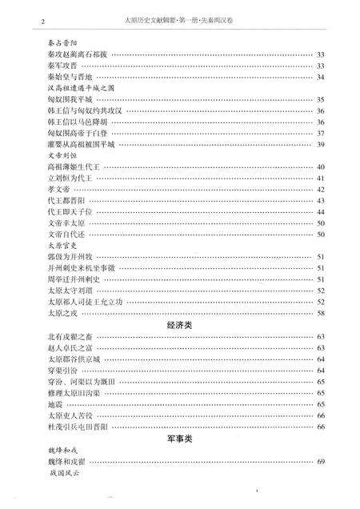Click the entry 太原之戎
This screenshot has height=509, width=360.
coord(62,313)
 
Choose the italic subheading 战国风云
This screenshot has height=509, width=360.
coord(63,475)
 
